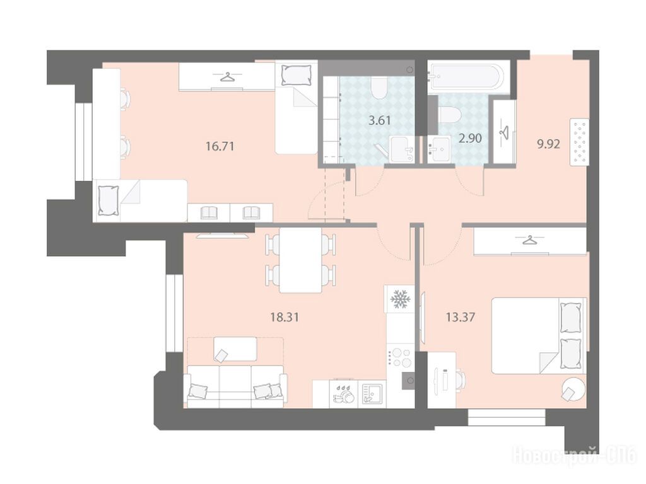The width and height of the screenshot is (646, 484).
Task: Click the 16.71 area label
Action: click(x=220, y=146)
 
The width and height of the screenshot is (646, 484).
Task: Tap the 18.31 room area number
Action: click(x=285, y=317)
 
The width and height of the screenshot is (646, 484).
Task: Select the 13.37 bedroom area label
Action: click(x=461, y=317)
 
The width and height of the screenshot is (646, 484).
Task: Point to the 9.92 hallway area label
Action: click(x=548, y=144)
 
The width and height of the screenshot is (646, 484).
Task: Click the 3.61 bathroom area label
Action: click(x=379, y=120)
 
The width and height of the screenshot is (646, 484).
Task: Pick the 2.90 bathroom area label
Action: click(x=470, y=138)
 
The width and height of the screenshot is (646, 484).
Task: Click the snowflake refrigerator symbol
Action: click(x=399, y=299)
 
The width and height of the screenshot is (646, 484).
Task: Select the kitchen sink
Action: click(x=372, y=393)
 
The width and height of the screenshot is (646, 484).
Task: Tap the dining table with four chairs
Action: click(x=300, y=260)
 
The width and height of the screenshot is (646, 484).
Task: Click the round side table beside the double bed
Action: click(x=573, y=389)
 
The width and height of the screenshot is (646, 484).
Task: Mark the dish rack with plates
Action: click(x=344, y=393)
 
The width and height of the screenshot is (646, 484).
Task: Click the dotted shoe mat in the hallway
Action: click(x=579, y=142)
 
